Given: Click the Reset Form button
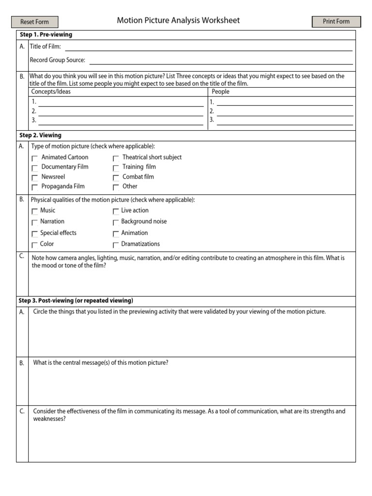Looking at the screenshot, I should [34, 22].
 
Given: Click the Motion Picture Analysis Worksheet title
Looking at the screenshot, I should [178, 21].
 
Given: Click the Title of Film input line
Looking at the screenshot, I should [208, 46].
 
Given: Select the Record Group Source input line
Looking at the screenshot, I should [221, 60].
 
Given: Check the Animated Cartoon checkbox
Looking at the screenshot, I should [35, 158].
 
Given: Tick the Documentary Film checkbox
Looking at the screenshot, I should [35, 168].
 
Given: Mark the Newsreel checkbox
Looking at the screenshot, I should [35, 178].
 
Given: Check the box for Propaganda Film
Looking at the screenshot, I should [35, 187].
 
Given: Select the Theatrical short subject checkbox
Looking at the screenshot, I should [116, 158].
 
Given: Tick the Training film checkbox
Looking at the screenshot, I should [116, 168].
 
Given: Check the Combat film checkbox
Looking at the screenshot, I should [116, 178].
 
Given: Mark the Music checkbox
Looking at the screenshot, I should [34, 211].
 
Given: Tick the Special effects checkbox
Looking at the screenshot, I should [34, 233].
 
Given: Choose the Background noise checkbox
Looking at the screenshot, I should [116, 222].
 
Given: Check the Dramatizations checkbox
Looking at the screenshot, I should [116, 245].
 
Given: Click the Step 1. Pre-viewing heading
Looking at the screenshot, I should [46, 35].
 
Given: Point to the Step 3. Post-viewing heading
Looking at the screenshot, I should [76, 301].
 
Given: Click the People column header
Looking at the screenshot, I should [221, 92].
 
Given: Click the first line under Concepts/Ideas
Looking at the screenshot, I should [121, 102].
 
